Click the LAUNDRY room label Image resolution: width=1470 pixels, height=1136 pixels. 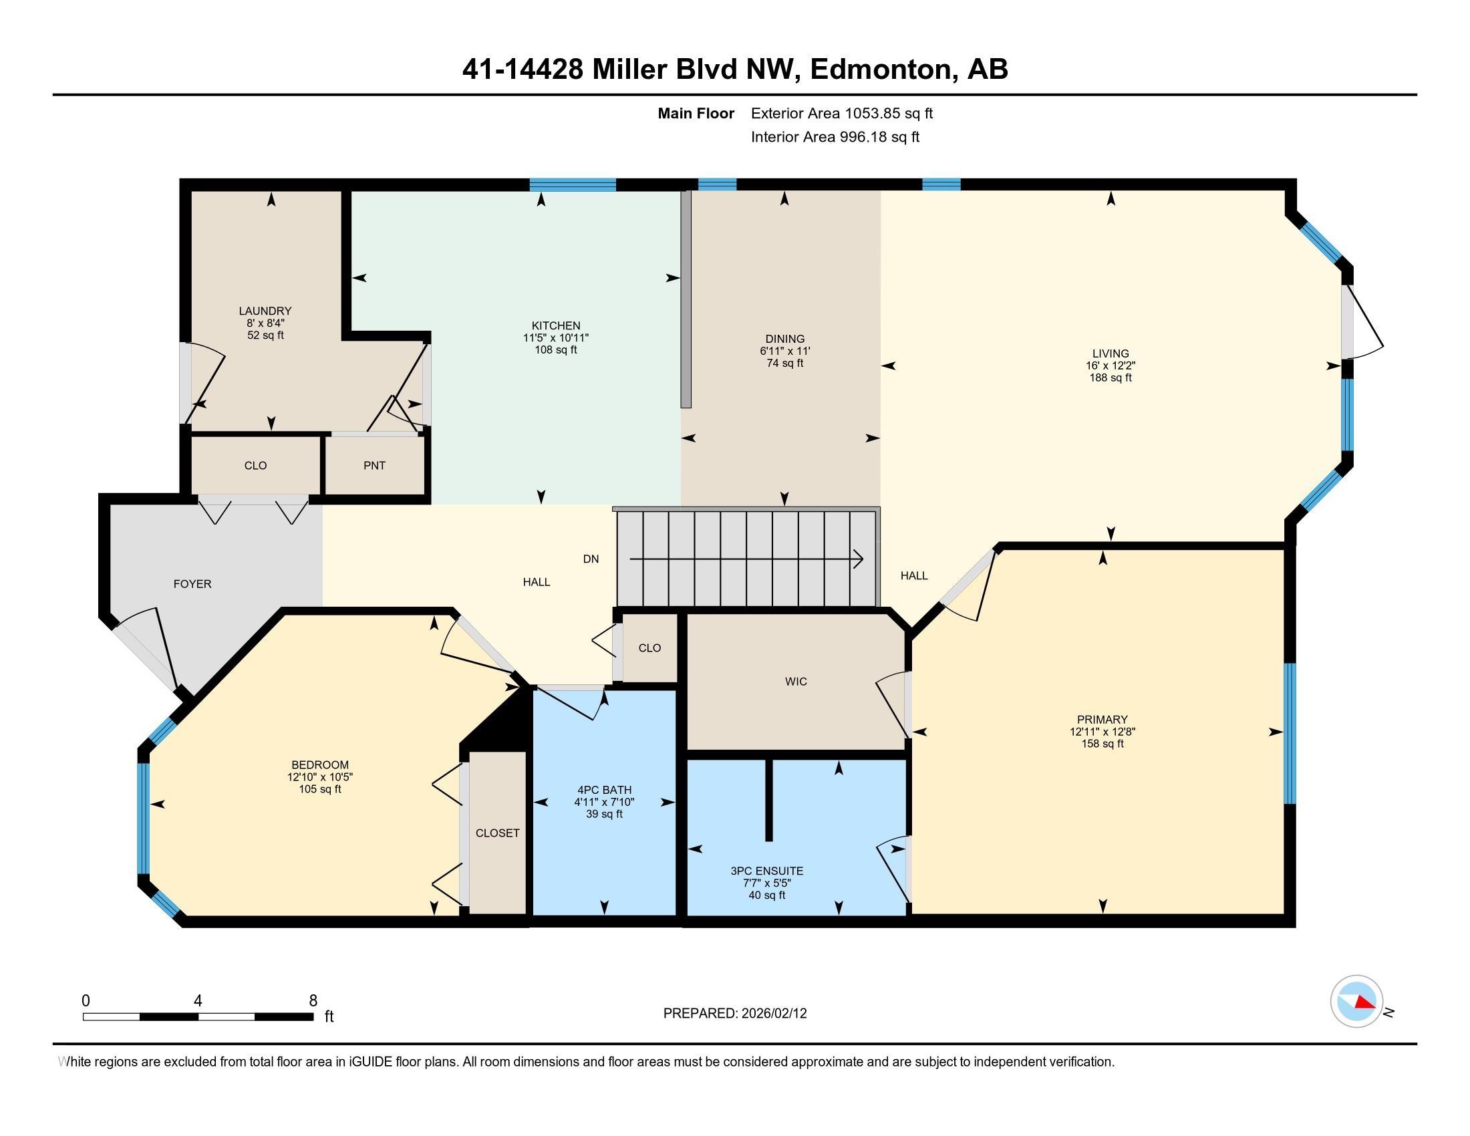[265, 311]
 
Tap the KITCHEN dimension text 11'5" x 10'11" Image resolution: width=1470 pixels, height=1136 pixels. [556, 338]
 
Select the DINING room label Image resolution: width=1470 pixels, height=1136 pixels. [785, 339]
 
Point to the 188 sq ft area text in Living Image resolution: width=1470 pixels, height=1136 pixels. [1111, 378]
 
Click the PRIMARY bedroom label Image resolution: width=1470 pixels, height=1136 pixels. [1102, 720]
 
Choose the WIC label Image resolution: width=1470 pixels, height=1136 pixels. [796, 682]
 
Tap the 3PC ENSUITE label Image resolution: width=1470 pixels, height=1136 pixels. [766, 871]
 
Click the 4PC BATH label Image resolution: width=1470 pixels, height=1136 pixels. [605, 790]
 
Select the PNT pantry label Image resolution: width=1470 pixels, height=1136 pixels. [374, 466]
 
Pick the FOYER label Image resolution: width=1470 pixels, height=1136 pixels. [192, 584]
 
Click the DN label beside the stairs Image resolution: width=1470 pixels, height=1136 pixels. [590, 559]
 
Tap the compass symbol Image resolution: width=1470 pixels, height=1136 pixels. [1356, 1002]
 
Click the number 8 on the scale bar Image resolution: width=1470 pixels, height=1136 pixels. [313, 1001]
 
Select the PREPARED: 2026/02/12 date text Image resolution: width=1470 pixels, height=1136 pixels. [735, 1014]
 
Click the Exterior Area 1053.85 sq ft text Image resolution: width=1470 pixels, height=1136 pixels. [841, 114]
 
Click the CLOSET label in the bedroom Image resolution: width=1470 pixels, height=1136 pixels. [497, 833]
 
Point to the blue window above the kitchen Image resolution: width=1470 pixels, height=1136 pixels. [572, 185]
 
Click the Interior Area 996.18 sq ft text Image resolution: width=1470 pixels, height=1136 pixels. [835, 137]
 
